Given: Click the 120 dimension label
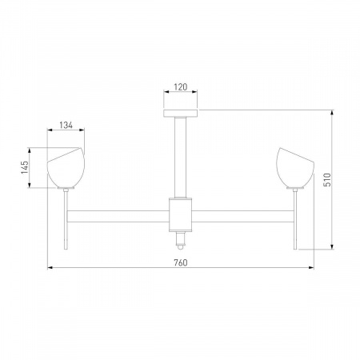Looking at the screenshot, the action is tap(181, 87).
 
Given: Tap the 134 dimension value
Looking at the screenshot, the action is tap(66, 125).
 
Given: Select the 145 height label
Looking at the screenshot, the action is tap(25, 167).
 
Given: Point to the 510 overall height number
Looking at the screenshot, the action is tap(327, 180).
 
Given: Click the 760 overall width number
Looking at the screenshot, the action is tap(181, 263).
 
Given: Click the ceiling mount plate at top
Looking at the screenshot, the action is tap(181, 113).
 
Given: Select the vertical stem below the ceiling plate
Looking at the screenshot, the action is tap(181, 158).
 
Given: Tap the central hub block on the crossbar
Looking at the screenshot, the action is tap(181, 214).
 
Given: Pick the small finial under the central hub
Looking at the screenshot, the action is tap(181, 240).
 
